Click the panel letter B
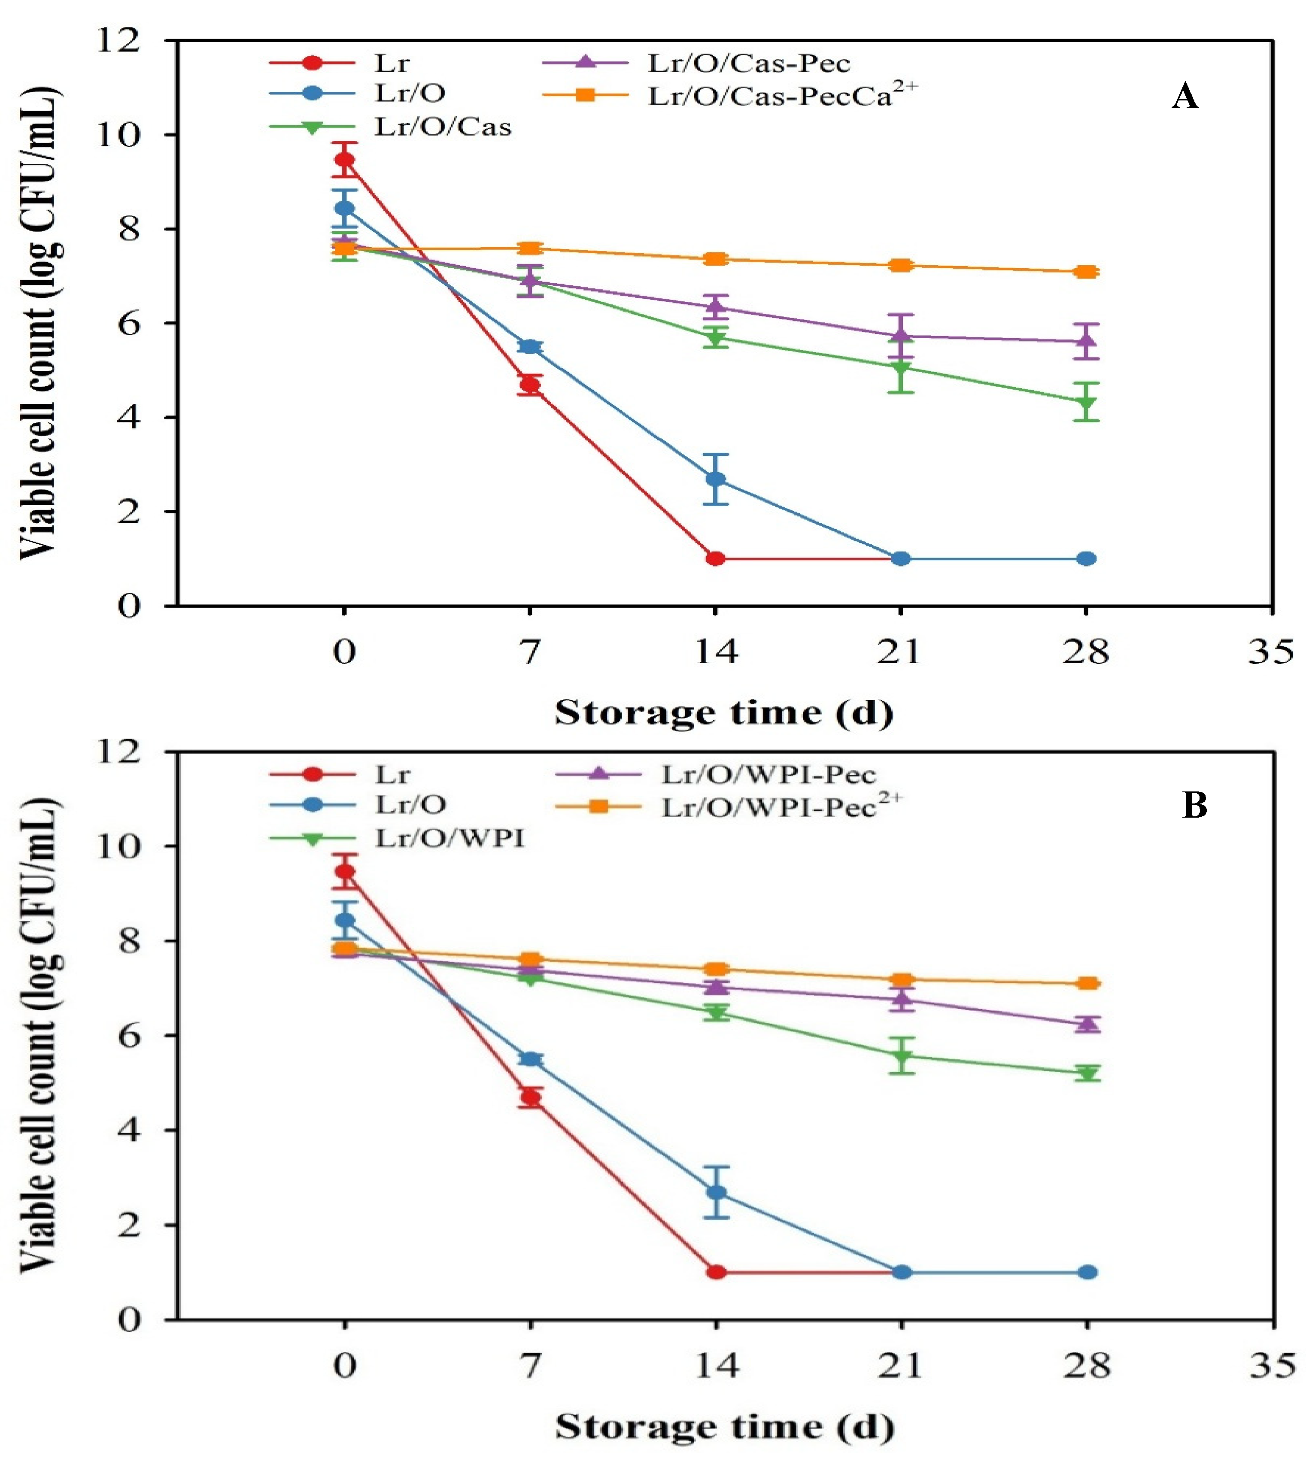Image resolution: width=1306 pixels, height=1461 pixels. pyautogui.click(x=1194, y=806)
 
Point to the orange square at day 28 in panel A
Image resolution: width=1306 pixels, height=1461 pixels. pyautogui.click(x=1087, y=272)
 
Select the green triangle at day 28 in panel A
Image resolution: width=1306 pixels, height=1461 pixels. pyautogui.click(x=1087, y=403)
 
